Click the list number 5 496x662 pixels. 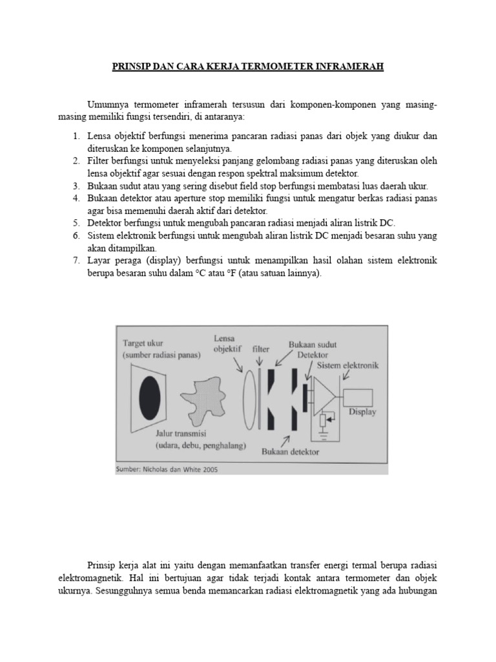tap(76, 222)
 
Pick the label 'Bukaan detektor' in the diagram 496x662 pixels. tap(291, 452)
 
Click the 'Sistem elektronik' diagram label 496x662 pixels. tap(347, 365)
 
